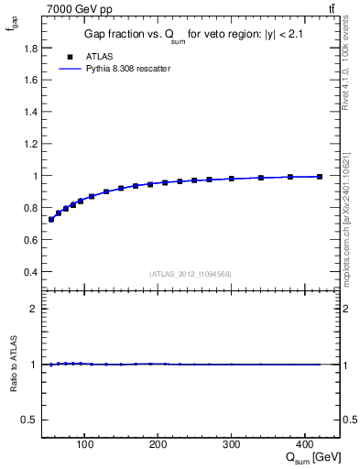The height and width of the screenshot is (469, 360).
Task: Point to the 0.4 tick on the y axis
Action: point(31,272)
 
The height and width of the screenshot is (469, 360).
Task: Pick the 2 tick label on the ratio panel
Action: point(34,309)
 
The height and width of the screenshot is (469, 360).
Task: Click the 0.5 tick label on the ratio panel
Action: point(29,420)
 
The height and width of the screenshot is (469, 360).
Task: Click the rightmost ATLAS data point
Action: point(320,176)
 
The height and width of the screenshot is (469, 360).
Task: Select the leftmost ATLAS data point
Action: point(51,219)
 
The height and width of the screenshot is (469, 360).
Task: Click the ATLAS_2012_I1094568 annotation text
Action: point(191,274)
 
